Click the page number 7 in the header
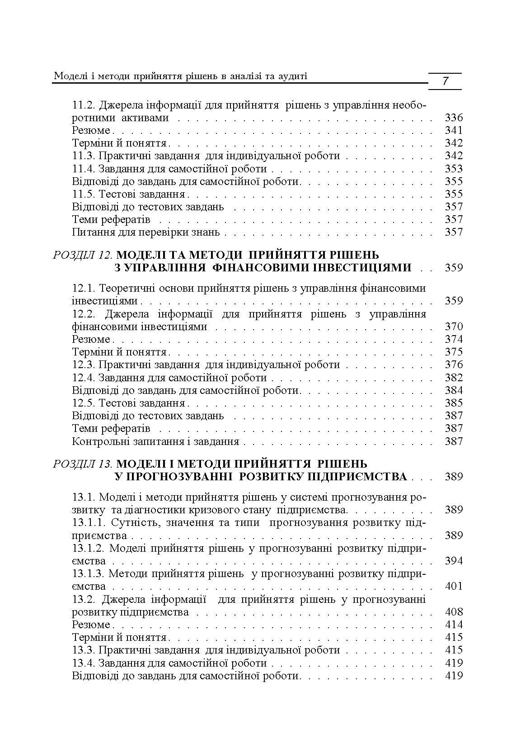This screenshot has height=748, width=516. [445, 81]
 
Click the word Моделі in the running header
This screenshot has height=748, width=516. [69, 76]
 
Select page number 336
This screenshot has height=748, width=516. [454, 118]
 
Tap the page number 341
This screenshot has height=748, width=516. [454, 131]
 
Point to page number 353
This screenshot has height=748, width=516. [454, 169]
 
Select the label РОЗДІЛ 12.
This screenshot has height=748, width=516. [82, 255]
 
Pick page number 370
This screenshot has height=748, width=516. [454, 327]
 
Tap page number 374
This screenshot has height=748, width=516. [454, 339]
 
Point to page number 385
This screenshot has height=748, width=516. [454, 403]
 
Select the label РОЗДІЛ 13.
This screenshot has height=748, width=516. [82, 464]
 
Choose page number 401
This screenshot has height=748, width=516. [454, 587]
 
